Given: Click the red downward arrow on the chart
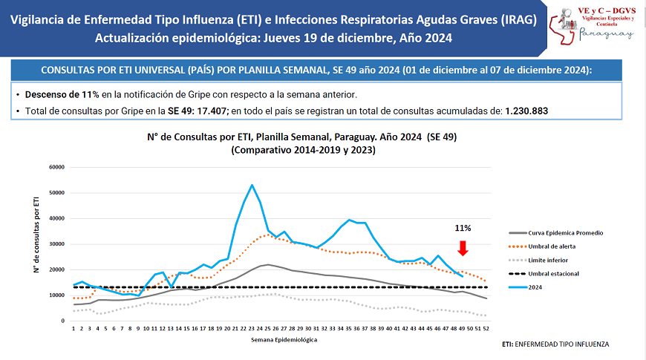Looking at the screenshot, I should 462,248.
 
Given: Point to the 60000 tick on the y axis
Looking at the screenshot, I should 56,167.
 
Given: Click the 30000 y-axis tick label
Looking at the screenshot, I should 56,244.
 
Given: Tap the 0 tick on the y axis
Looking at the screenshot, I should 63,321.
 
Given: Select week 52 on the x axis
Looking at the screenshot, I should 485,327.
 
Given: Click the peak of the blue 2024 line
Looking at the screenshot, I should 252,185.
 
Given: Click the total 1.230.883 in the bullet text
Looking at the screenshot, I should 526,111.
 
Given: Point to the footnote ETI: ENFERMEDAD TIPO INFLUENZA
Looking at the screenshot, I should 555,344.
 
